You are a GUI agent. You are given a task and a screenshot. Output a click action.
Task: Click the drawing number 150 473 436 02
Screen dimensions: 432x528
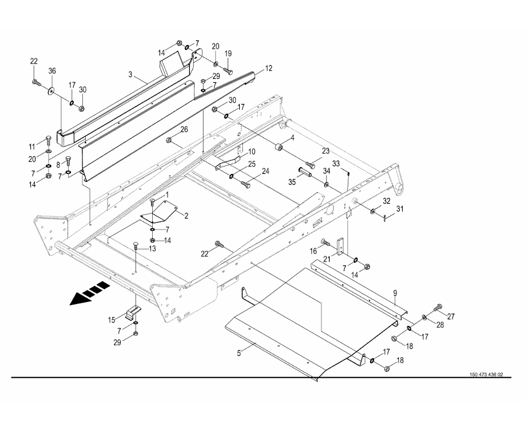click(486, 375)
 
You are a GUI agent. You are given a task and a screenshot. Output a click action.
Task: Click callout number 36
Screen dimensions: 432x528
click(52, 71)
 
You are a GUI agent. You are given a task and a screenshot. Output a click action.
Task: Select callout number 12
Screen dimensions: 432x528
click(268, 69)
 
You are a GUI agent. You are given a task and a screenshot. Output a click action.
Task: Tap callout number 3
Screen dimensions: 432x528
click(131, 74)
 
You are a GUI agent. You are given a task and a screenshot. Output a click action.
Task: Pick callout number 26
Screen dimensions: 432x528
click(184, 129)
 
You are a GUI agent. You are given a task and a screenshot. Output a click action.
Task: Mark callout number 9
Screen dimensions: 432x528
click(395, 292)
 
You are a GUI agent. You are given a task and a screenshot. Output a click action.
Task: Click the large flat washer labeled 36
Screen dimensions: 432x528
click(52, 90)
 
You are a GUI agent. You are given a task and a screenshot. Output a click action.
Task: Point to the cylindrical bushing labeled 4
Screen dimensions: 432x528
click(280, 148)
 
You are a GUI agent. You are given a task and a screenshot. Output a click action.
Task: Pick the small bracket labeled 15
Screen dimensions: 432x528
click(133, 312)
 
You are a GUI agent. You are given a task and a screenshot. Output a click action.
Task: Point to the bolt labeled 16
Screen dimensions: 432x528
click(325, 243)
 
